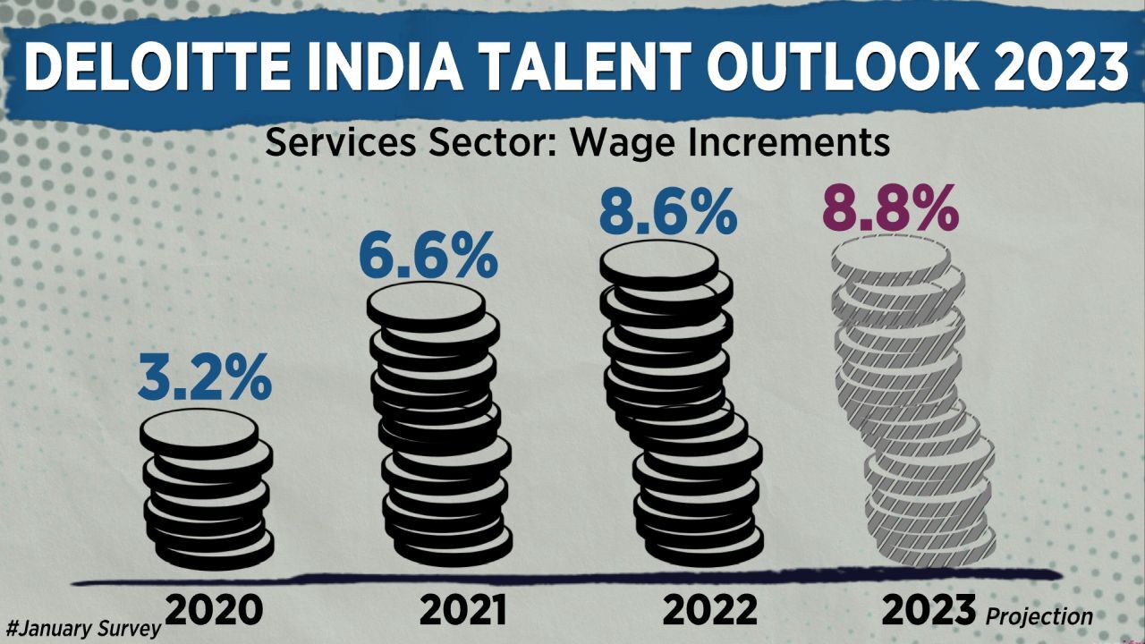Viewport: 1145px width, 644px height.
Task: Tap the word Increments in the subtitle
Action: pos(786,143)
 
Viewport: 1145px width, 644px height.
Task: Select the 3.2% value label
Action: pos(205,380)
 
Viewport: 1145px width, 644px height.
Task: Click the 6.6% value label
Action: pos(428,256)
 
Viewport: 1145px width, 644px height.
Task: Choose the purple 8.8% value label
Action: pos(890,210)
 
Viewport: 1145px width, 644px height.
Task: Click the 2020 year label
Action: pos(215,610)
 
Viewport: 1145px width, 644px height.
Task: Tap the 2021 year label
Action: pos(463,610)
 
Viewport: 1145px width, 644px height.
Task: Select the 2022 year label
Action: pos(710,610)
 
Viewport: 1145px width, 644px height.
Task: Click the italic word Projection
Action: pos(1039,616)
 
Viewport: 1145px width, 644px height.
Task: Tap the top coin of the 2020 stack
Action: pos(199,433)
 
